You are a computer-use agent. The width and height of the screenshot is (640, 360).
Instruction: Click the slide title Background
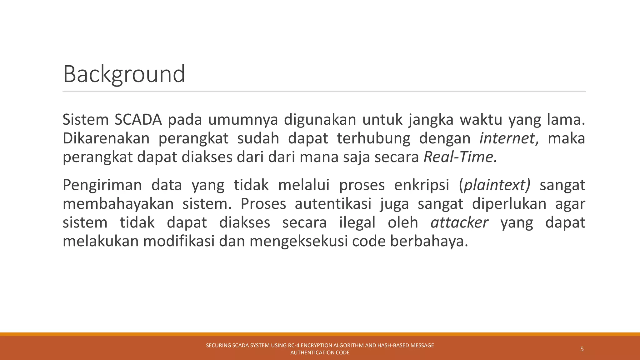tap(124, 74)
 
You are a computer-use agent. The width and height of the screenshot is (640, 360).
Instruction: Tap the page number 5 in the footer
tap(582, 349)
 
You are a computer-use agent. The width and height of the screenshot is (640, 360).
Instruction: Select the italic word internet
tap(507, 138)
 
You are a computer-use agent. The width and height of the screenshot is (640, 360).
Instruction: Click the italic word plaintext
tap(496, 185)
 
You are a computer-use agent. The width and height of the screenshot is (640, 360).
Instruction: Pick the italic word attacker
tap(459, 222)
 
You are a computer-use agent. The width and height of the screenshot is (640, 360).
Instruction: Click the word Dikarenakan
tap(106, 138)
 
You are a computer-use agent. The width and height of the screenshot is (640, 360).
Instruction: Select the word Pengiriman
tap(102, 185)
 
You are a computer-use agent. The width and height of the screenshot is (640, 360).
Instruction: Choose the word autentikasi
tap(333, 204)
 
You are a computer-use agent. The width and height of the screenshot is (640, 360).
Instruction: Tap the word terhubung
tap(373, 138)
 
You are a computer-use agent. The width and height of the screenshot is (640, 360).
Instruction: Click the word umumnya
tap(243, 120)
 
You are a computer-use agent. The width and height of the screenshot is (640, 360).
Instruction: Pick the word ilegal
tap(357, 222)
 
